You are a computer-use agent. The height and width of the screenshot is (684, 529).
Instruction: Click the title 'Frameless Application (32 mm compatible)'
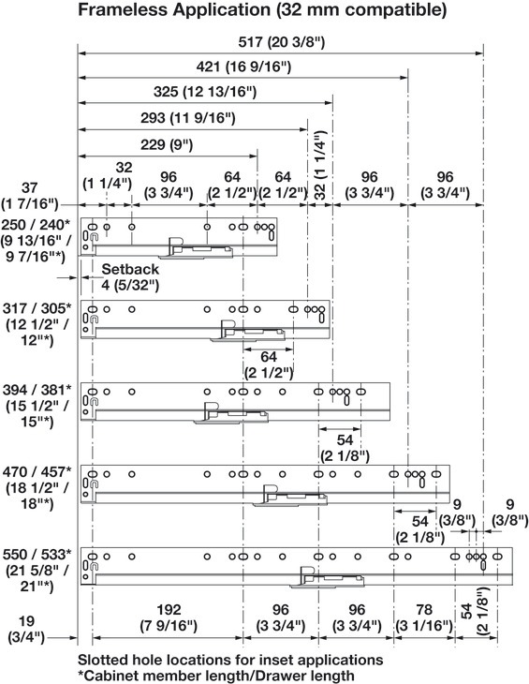tap(262, 9)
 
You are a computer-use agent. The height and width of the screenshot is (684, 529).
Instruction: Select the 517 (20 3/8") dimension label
tap(282, 42)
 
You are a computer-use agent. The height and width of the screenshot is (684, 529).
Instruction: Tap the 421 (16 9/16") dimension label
tap(243, 67)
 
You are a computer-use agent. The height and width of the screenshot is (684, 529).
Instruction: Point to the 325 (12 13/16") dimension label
tap(205, 92)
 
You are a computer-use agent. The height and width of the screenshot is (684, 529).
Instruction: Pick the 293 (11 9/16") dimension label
tap(188, 118)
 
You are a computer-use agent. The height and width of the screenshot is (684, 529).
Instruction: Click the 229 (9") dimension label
tap(167, 144)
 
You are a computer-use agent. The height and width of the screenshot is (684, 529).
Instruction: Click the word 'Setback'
tap(130, 269)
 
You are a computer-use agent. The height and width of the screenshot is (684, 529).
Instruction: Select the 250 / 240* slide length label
tap(36, 225)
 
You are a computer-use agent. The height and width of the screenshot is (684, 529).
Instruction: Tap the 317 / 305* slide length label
tap(37, 308)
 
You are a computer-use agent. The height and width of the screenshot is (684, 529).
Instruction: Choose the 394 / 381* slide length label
tap(37, 390)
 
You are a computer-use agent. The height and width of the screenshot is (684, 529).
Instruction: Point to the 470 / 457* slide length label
tap(37, 472)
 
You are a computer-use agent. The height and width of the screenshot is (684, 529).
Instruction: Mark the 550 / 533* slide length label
tap(37, 555)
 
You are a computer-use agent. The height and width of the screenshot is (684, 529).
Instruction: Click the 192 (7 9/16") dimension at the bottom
tap(169, 617)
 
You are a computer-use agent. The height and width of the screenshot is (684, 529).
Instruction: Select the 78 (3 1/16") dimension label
tap(424, 617)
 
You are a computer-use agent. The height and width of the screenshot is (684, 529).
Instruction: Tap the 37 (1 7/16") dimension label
tap(30, 196)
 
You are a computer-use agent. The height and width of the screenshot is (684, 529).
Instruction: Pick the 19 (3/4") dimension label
tap(26, 629)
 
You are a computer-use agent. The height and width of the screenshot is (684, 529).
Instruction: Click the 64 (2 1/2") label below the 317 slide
tap(269, 364)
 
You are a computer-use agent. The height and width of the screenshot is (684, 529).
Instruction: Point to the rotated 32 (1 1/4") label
tap(320, 165)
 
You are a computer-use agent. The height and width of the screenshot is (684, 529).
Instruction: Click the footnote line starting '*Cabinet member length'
tap(216, 676)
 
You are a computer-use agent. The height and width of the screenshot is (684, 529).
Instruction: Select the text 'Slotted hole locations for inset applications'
tap(230, 660)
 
